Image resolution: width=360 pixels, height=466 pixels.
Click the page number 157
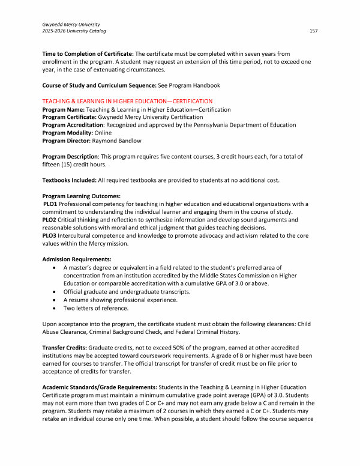[x=313, y=30]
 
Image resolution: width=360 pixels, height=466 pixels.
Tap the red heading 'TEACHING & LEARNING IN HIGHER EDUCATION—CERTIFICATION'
[x=127, y=101]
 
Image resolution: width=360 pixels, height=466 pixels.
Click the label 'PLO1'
[x=50, y=204]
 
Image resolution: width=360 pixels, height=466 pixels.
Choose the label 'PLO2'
[x=50, y=219]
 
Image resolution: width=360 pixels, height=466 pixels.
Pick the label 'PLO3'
[x=50, y=235]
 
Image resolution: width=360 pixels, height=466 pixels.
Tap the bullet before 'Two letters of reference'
[x=56, y=307]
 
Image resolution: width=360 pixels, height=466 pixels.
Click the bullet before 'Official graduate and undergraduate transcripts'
[x=56, y=292]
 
